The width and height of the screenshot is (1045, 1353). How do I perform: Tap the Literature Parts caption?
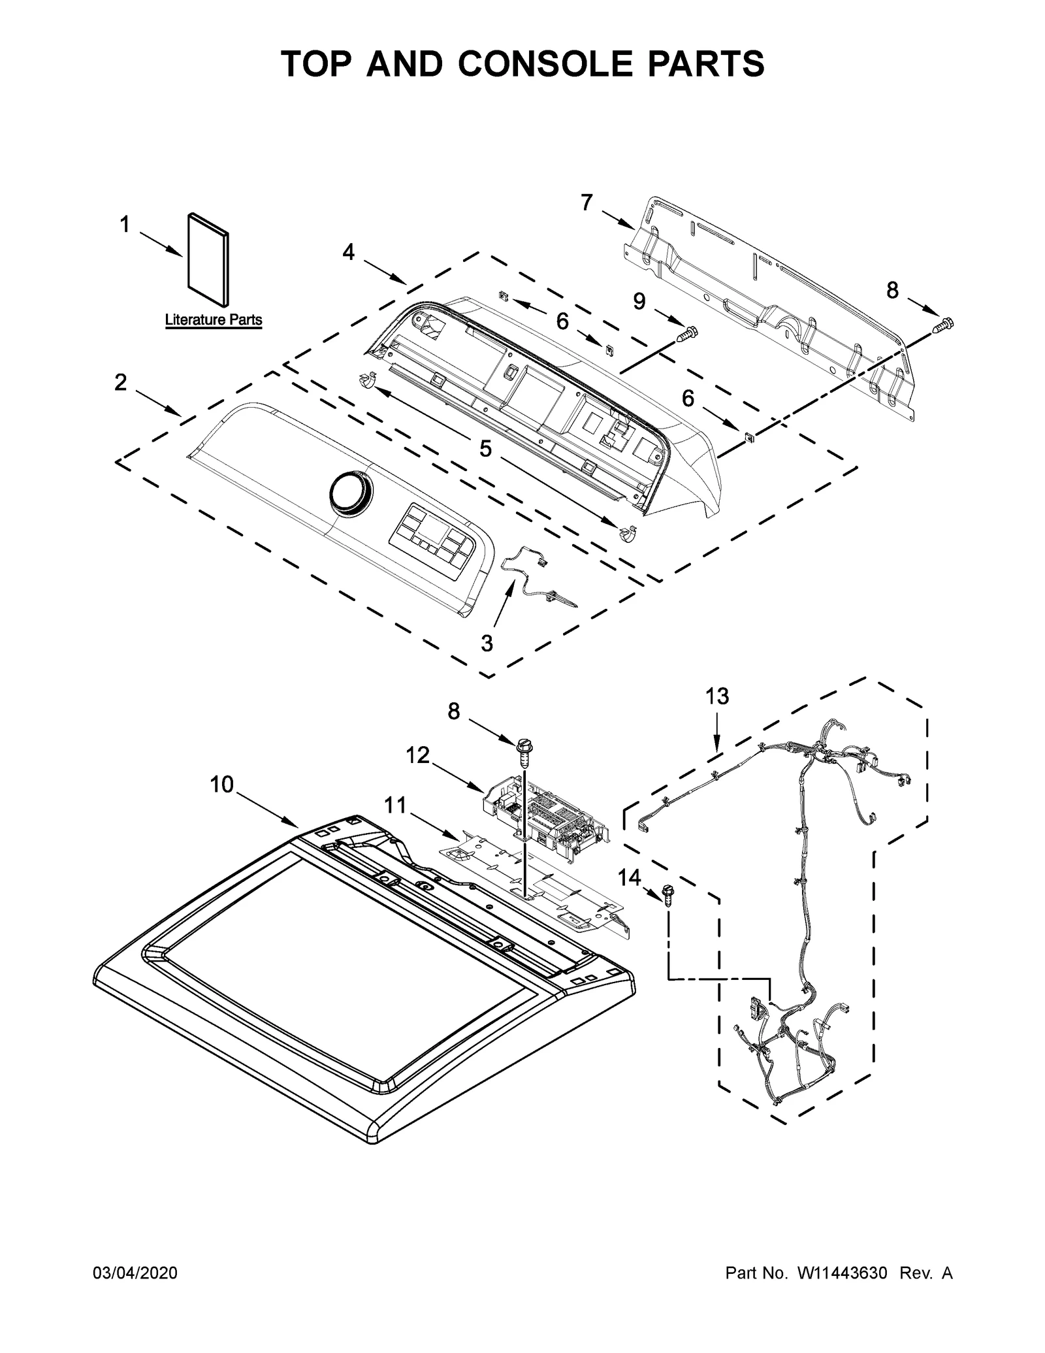213,320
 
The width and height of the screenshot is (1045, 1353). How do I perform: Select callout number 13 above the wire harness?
717,696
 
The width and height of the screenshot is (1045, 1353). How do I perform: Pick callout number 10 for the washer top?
221,784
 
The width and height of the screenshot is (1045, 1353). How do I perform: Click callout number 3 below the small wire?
487,643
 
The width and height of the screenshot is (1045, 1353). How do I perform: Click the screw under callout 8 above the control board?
523,751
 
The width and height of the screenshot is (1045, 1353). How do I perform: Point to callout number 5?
485,448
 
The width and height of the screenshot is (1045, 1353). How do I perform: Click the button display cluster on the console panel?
430,536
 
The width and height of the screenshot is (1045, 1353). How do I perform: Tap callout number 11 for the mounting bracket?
394,806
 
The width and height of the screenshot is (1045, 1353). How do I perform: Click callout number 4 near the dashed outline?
348,252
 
